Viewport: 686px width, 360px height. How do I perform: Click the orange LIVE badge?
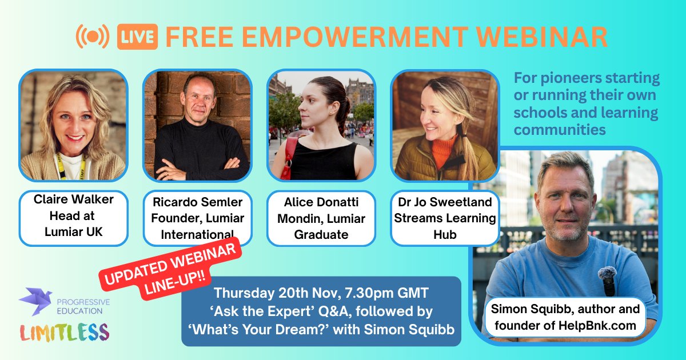[x=137, y=37]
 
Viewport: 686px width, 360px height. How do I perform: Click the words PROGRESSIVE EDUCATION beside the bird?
[x=83, y=306]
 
